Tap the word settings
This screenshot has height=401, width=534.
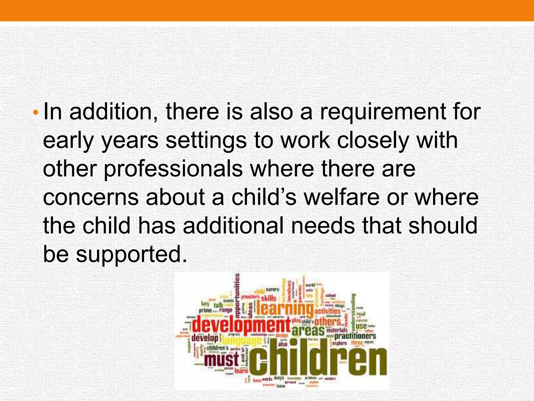(x=206, y=141)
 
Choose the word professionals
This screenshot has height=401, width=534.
(x=173, y=169)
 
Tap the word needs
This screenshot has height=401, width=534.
(x=323, y=226)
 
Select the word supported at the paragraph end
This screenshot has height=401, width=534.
(x=132, y=254)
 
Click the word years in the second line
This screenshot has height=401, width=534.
(x=130, y=141)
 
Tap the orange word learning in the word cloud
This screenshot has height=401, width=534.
(x=285, y=309)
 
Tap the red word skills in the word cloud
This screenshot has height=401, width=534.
(x=268, y=298)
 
